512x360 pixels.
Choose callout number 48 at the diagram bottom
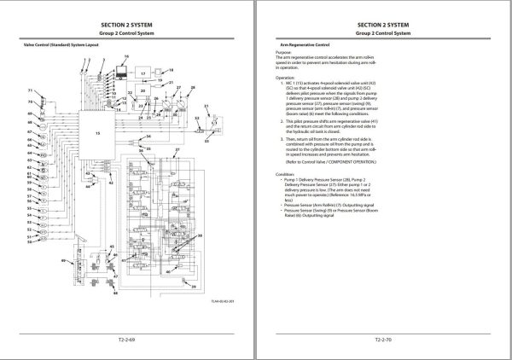pyautogui.click(x=114, y=294)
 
